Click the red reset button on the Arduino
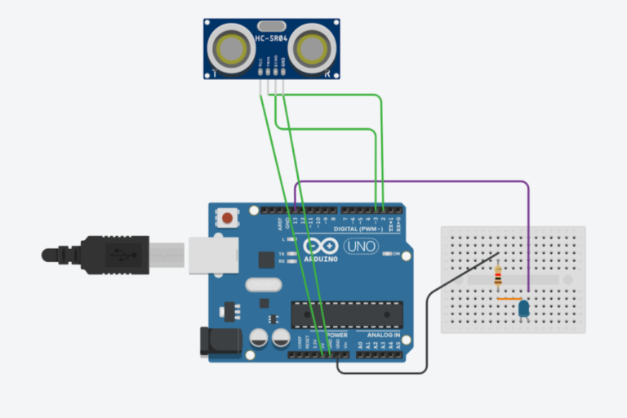coord(227,218)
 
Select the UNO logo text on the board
coord(360,246)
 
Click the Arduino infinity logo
coord(320,246)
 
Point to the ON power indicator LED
coord(386,254)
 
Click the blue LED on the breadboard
coord(523,309)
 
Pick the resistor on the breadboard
coord(498,280)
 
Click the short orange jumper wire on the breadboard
coord(507,300)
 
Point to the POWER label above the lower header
coord(336,336)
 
